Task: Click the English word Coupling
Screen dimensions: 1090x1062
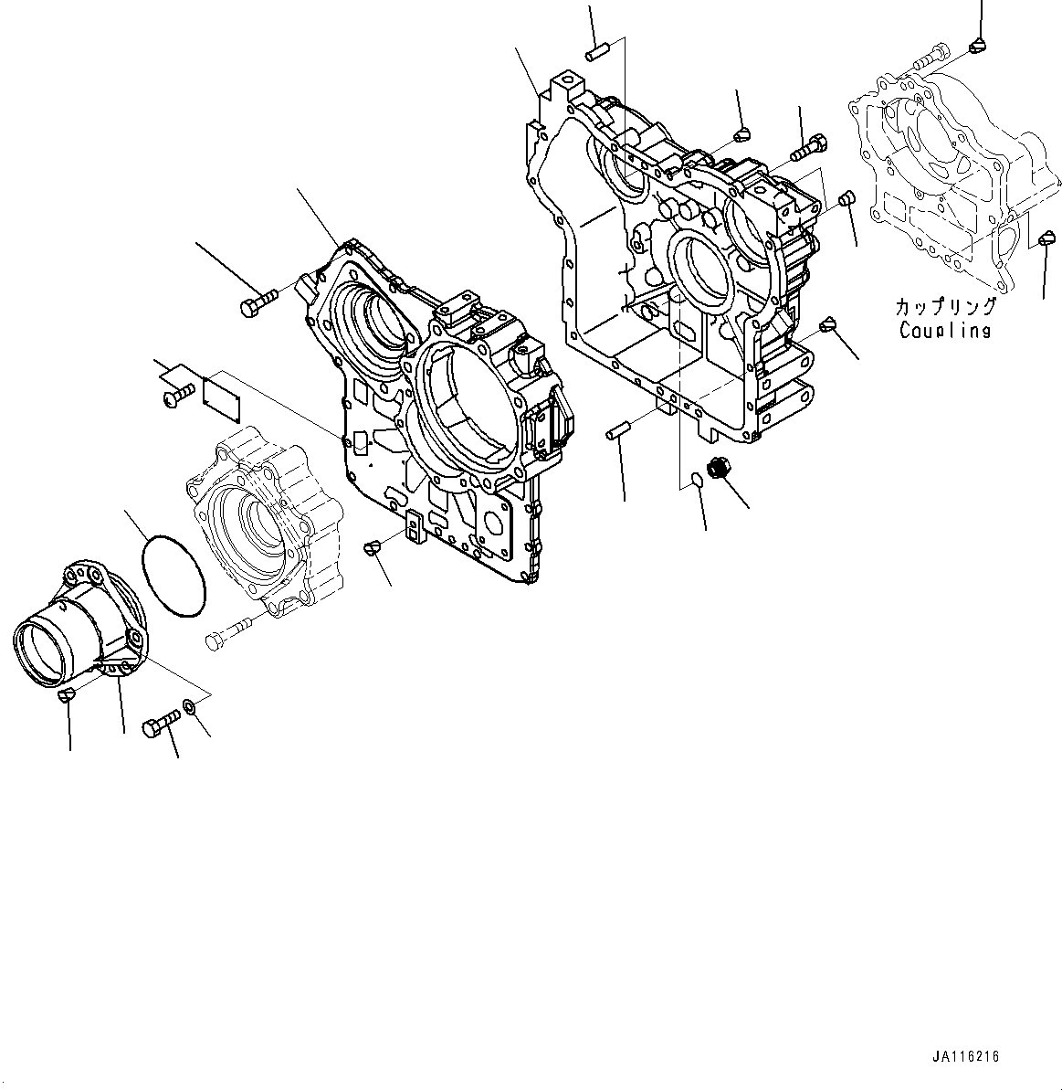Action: (x=944, y=331)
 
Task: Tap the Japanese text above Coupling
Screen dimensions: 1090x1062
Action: (x=945, y=307)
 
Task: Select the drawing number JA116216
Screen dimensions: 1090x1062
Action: (x=965, y=1056)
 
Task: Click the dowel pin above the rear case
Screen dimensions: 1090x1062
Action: (x=597, y=50)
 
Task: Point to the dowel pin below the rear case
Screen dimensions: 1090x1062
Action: (x=619, y=429)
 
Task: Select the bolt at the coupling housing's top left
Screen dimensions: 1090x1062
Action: (x=924, y=56)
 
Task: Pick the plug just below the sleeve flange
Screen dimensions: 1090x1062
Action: (x=66, y=697)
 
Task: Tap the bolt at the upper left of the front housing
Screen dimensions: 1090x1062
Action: (x=256, y=304)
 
